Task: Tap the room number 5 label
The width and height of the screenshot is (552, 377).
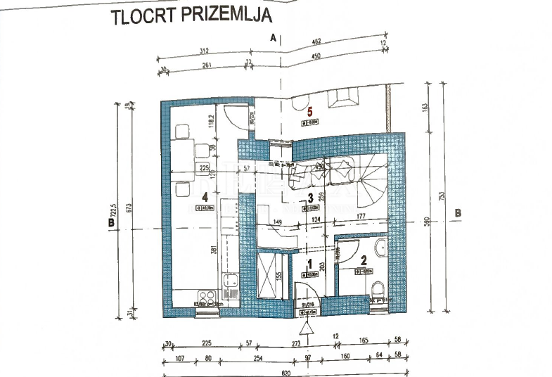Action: [309, 110]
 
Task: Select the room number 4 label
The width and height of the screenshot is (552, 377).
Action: [205, 198]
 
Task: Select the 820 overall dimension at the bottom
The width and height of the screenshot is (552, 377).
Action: [285, 371]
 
